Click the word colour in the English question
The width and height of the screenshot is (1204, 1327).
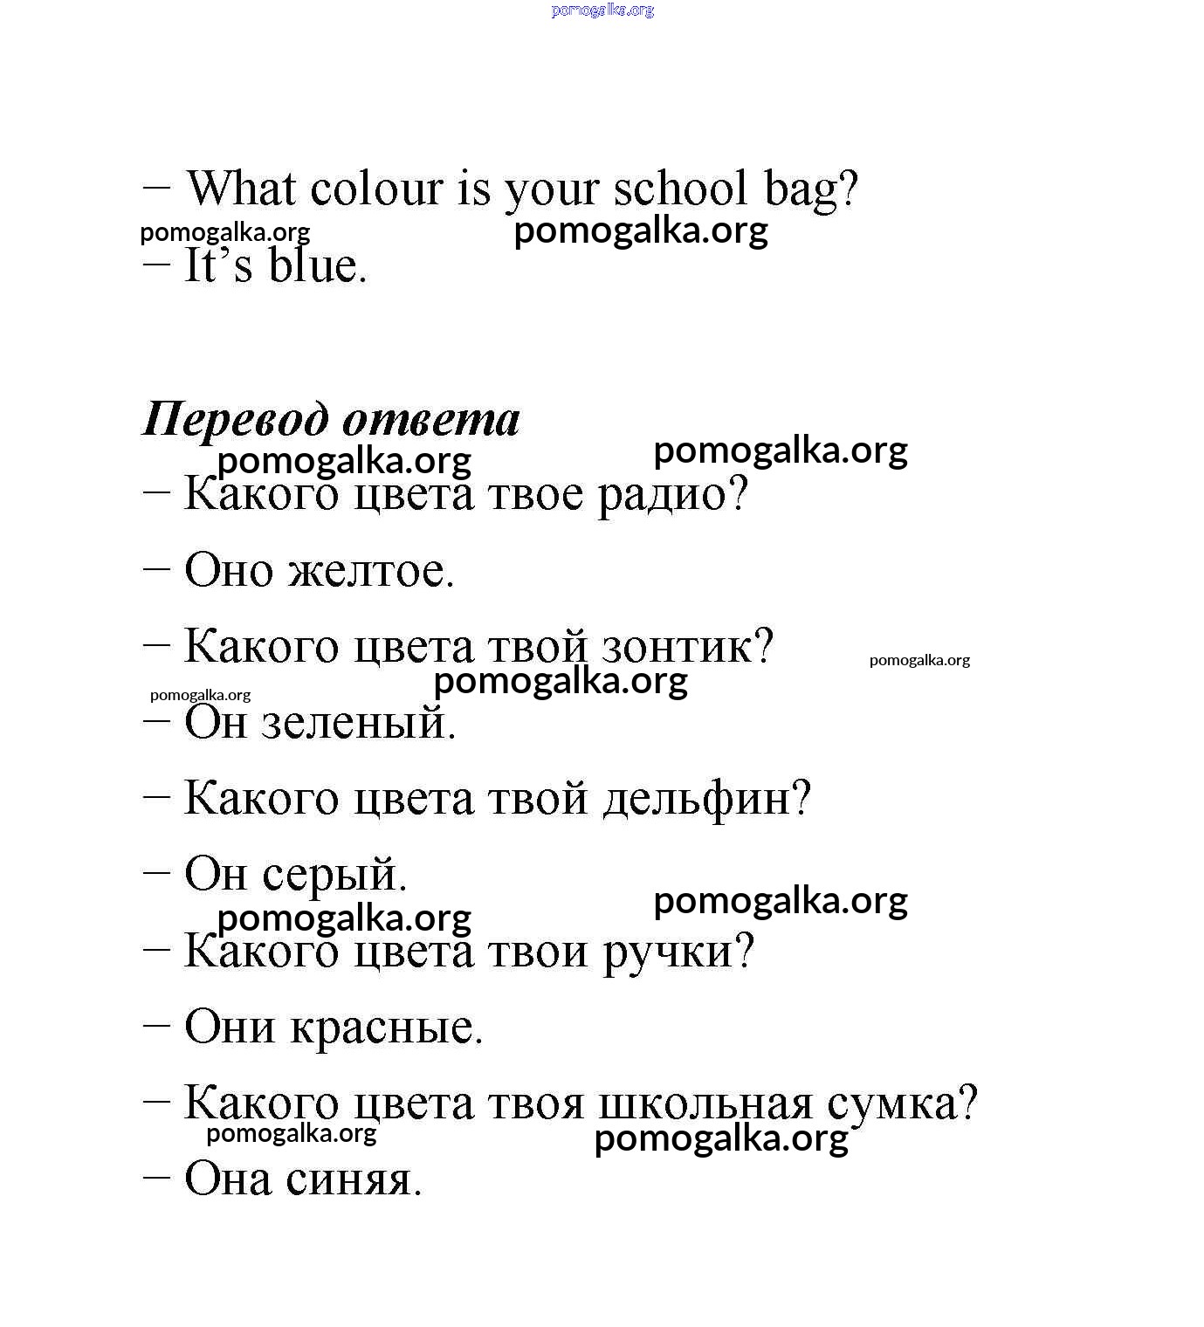[376, 189]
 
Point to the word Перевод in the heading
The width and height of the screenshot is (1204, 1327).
[235, 420]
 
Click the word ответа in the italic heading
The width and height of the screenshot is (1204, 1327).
[431, 420]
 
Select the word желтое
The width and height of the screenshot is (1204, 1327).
[371, 571]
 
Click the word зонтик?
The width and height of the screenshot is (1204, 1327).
[687, 648]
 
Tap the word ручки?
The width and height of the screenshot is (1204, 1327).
[678, 952]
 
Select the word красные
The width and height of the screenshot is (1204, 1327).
[387, 1028]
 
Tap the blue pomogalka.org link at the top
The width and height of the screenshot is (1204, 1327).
[602, 10]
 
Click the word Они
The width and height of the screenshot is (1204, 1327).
[230, 1028]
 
